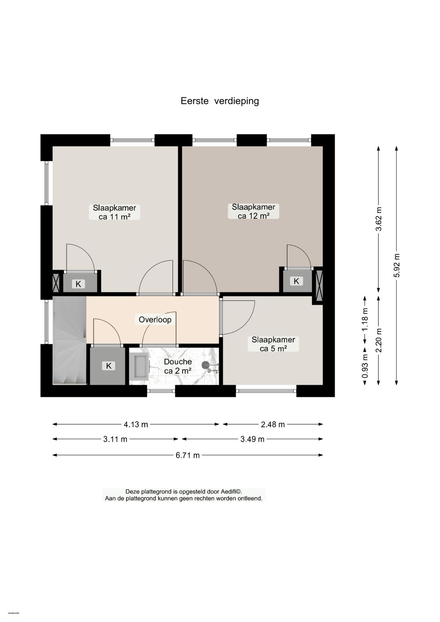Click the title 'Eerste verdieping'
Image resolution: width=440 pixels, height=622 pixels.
[x=220, y=101]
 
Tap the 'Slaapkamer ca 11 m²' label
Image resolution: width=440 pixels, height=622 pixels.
[x=114, y=212]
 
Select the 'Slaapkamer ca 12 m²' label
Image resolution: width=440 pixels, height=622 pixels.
[x=253, y=212]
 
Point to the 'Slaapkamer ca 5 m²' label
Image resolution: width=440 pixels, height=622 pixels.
[x=273, y=344]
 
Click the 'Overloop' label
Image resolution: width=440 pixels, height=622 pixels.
[x=155, y=320]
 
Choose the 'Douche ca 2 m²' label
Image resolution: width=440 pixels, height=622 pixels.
[x=178, y=366]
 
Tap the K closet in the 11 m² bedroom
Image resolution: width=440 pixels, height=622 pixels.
[x=79, y=284]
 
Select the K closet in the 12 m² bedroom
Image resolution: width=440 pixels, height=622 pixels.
[x=296, y=281]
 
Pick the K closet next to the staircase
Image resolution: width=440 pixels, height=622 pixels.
[x=108, y=366]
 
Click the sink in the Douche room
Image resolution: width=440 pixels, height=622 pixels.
[x=139, y=366]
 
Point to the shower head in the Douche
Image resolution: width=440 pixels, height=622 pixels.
[x=206, y=366]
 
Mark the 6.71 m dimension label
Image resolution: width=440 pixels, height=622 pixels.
[x=187, y=455]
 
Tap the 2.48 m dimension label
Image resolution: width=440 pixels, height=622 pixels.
[x=273, y=424]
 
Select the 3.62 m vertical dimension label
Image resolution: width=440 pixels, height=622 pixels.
[x=379, y=219]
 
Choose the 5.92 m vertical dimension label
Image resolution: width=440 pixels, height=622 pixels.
[x=396, y=265]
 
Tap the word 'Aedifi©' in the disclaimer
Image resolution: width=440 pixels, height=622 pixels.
[x=231, y=492]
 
